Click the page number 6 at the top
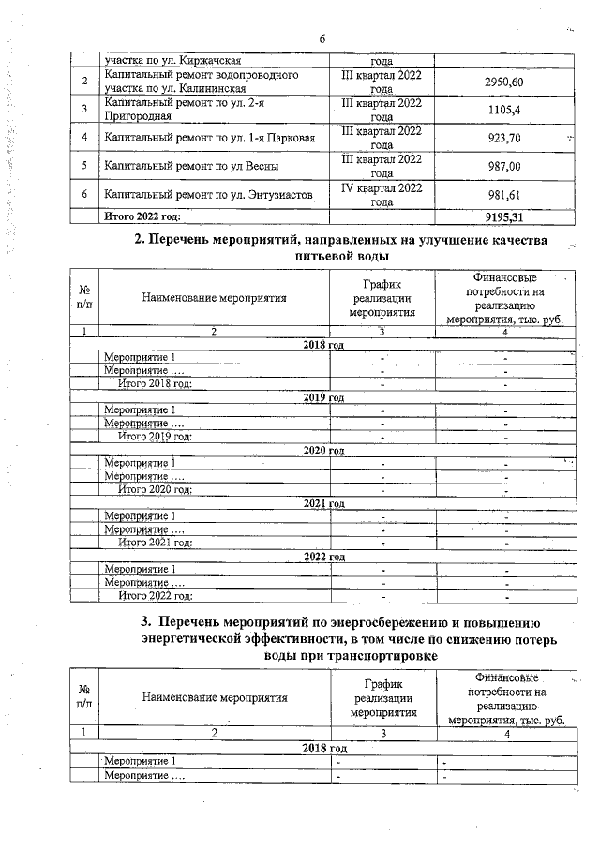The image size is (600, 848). pyautogui.click(x=322, y=37)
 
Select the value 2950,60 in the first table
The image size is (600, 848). pyautogui.click(x=503, y=82)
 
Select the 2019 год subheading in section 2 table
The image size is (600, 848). pyautogui.click(x=324, y=397)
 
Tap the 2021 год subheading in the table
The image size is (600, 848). pyautogui.click(x=324, y=503)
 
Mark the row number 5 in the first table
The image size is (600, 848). pyautogui.click(x=84, y=167)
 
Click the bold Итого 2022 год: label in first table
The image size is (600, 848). pyautogui.click(x=142, y=216)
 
